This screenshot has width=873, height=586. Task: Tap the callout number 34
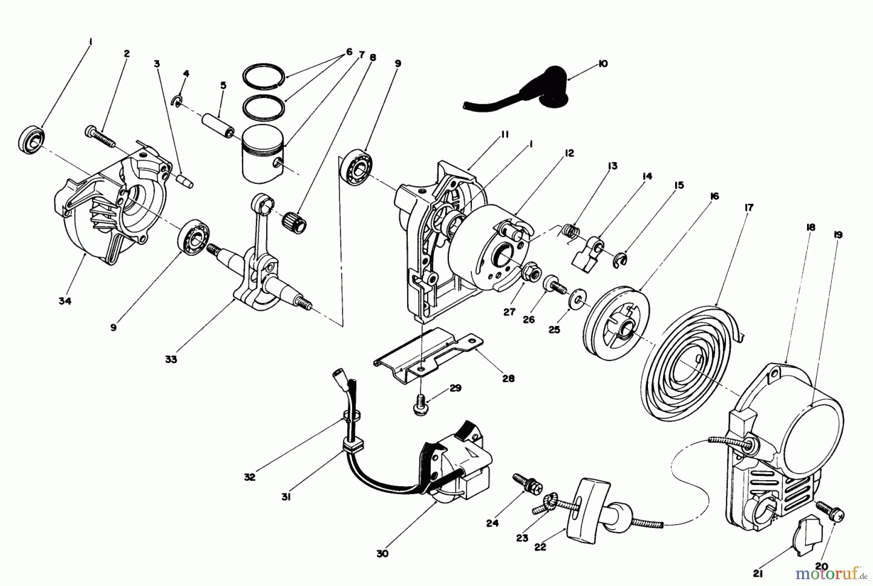tap(65, 301)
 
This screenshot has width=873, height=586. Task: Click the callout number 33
tap(170, 360)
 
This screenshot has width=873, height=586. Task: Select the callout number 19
tap(838, 235)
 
